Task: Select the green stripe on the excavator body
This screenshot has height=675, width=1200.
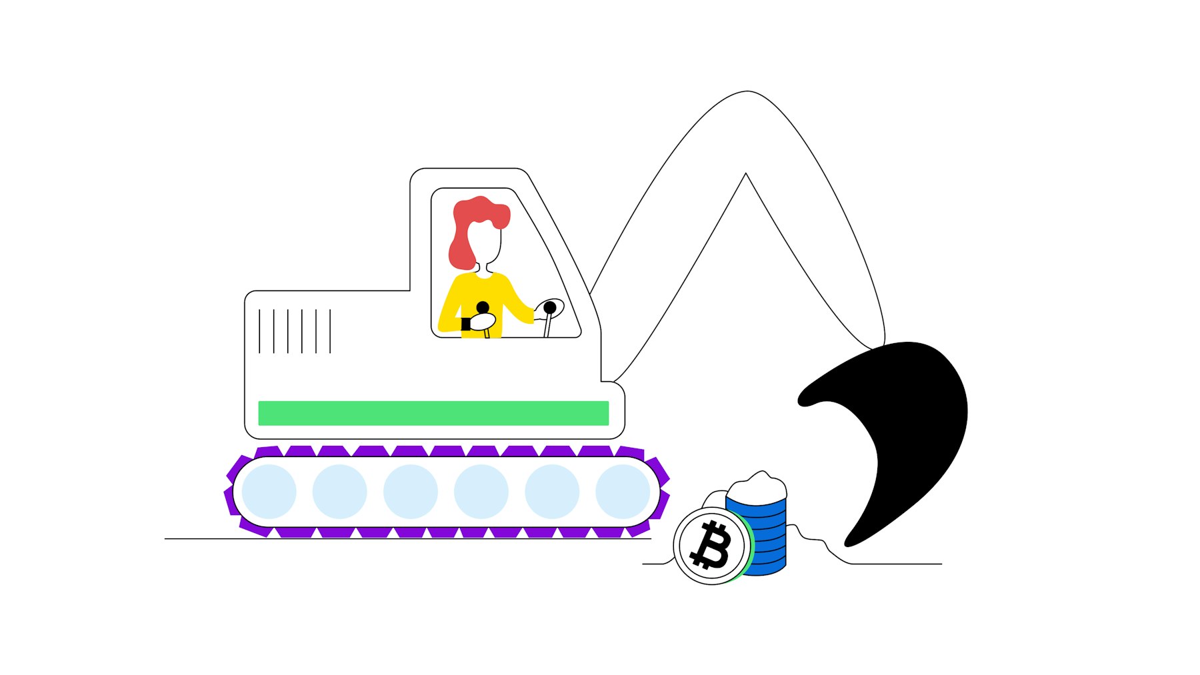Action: click(x=433, y=413)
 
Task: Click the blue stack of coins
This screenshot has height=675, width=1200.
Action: click(x=767, y=533)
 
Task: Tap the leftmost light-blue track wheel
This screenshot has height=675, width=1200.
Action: click(x=269, y=492)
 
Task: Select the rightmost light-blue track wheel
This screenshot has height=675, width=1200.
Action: click(x=623, y=492)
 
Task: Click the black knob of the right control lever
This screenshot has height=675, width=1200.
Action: click(x=550, y=308)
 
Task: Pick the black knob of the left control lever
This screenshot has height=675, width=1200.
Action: click(x=483, y=308)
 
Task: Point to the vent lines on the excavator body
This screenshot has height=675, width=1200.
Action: click(x=295, y=331)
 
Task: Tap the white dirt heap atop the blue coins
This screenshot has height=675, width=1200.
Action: click(x=757, y=486)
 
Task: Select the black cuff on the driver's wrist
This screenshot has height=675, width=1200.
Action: click(x=465, y=324)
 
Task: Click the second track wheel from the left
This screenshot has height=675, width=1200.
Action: click(x=339, y=492)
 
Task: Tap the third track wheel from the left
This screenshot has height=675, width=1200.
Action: click(x=411, y=492)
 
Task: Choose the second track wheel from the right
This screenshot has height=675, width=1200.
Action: click(x=552, y=492)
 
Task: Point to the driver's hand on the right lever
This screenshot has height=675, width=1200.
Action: click(x=539, y=313)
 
